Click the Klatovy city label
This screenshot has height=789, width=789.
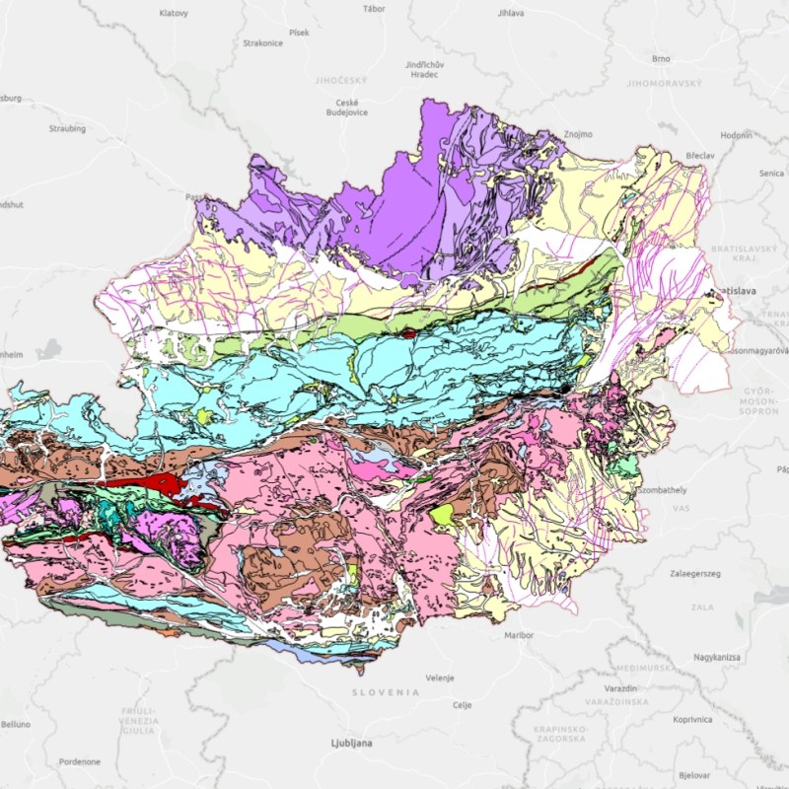(x=174, y=13)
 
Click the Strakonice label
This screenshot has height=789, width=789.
(x=263, y=43)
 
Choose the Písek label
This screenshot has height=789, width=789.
(x=299, y=33)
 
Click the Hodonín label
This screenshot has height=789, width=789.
(x=736, y=134)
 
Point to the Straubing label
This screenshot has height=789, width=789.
(x=67, y=128)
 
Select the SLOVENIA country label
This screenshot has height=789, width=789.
(x=386, y=692)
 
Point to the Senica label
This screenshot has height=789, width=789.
(x=771, y=173)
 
